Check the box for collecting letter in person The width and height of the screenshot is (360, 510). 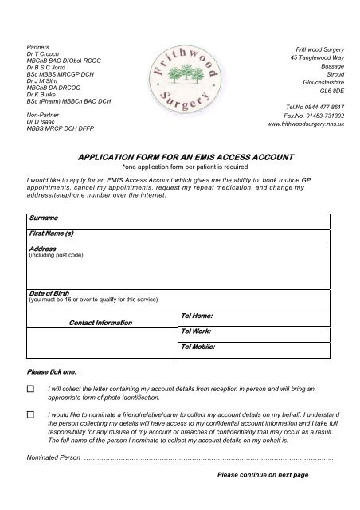point(31,389)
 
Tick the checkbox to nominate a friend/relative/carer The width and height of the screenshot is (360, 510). point(31,415)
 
